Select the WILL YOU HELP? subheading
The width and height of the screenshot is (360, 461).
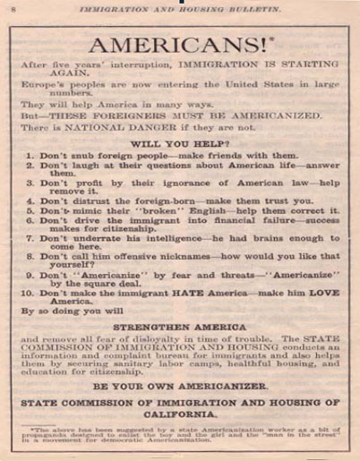(180, 142)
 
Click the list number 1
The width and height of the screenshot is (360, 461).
(30, 156)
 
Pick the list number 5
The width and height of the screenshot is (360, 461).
(30, 218)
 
